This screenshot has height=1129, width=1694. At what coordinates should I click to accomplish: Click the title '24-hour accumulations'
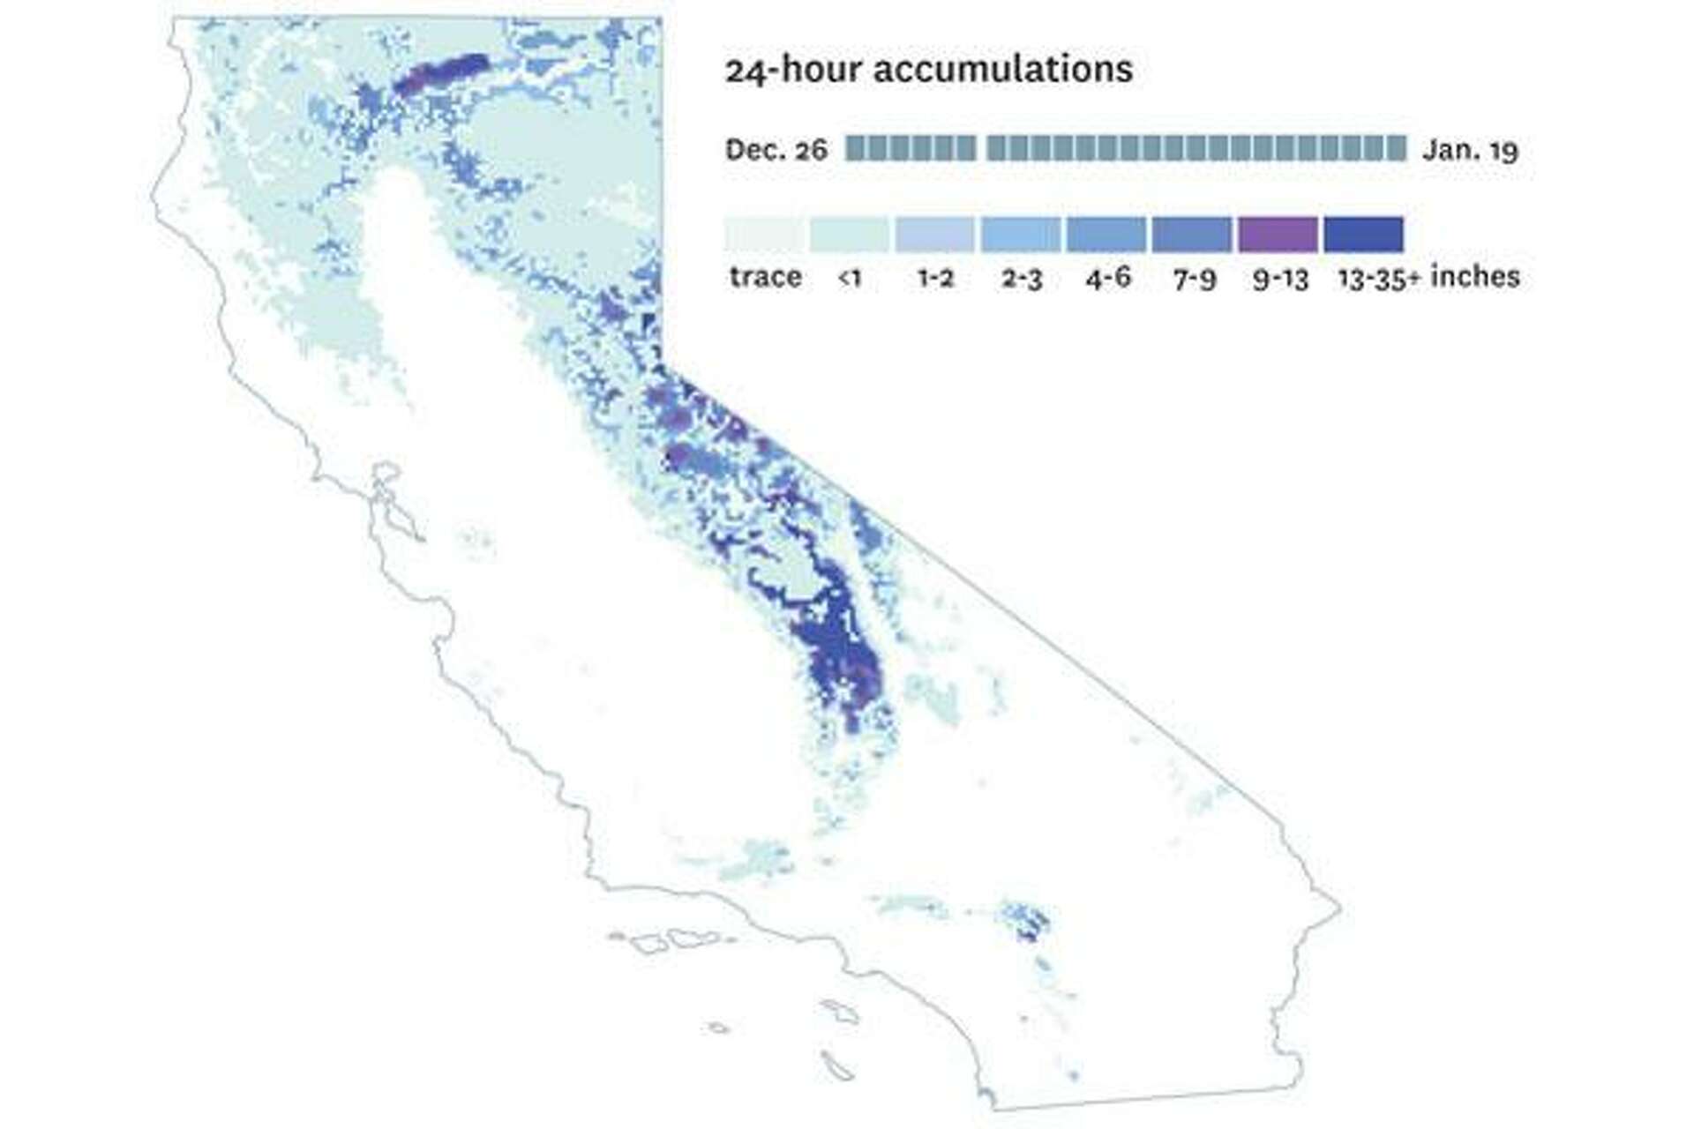tap(928, 70)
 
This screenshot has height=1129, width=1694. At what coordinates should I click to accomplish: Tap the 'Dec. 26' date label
tap(776, 150)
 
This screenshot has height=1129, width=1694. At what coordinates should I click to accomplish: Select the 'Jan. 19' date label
tap(1470, 150)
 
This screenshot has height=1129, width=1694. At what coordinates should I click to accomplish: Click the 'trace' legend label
tap(765, 278)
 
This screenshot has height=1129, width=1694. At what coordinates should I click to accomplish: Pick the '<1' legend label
tap(849, 279)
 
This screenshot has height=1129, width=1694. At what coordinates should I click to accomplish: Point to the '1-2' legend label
tap(935, 279)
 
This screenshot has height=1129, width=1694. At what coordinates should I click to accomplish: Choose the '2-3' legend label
tap(1021, 279)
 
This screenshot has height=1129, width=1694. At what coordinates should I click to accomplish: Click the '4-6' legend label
tap(1107, 279)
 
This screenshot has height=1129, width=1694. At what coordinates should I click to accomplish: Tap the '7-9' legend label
tap(1194, 279)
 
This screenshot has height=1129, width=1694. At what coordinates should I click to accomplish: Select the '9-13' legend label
tap(1279, 279)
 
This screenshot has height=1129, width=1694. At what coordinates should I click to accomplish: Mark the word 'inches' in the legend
tap(1475, 277)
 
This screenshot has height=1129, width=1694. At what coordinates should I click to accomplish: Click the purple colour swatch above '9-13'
tap(1278, 235)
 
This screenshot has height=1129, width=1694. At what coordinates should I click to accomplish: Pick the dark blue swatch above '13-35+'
tap(1364, 235)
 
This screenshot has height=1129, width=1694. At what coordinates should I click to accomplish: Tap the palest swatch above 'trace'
tap(764, 235)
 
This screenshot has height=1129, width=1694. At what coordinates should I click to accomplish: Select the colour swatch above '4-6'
tap(1106, 235)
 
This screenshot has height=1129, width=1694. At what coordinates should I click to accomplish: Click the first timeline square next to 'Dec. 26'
tap(855, 148)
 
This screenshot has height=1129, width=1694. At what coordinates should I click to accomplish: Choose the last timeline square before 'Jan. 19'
tap(1397, 148)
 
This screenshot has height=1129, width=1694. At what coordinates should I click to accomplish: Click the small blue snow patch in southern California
tap(1026, 923)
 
